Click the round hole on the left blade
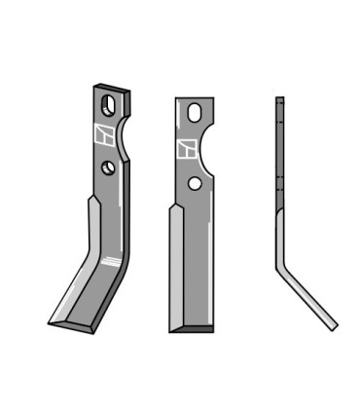pos(107,168)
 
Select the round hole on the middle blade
pos(196,182)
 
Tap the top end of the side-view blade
pos(279,99)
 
